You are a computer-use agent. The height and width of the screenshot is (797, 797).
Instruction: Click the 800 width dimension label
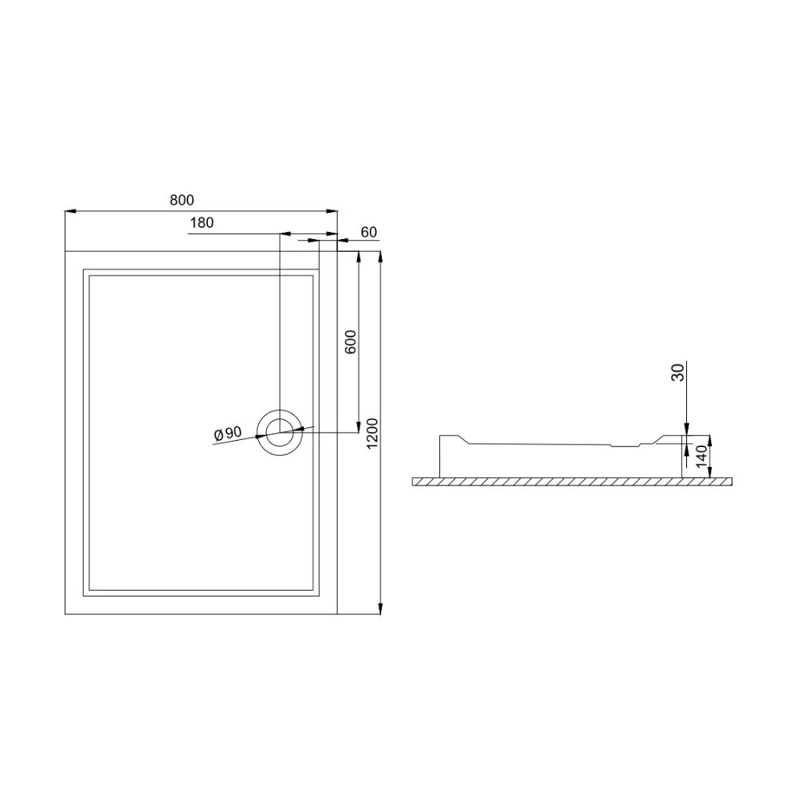tap(182, 200)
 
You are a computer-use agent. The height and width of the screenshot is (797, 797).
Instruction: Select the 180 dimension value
tap(202, 222)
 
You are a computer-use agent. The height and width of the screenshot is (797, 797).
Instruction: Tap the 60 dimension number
tap(369, 232)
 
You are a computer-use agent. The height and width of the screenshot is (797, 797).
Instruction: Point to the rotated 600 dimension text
tap(351, 342)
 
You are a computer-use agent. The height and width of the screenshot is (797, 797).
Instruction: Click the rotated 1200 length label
tap(372, 434)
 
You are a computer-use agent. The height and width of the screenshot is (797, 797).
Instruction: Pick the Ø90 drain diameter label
tap(227, 434)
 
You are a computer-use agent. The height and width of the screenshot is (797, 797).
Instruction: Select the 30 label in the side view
tap(678, 373)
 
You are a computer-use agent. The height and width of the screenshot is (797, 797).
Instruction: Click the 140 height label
tap(701, 457)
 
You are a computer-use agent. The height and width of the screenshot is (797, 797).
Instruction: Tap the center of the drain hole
tap(280, 433)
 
